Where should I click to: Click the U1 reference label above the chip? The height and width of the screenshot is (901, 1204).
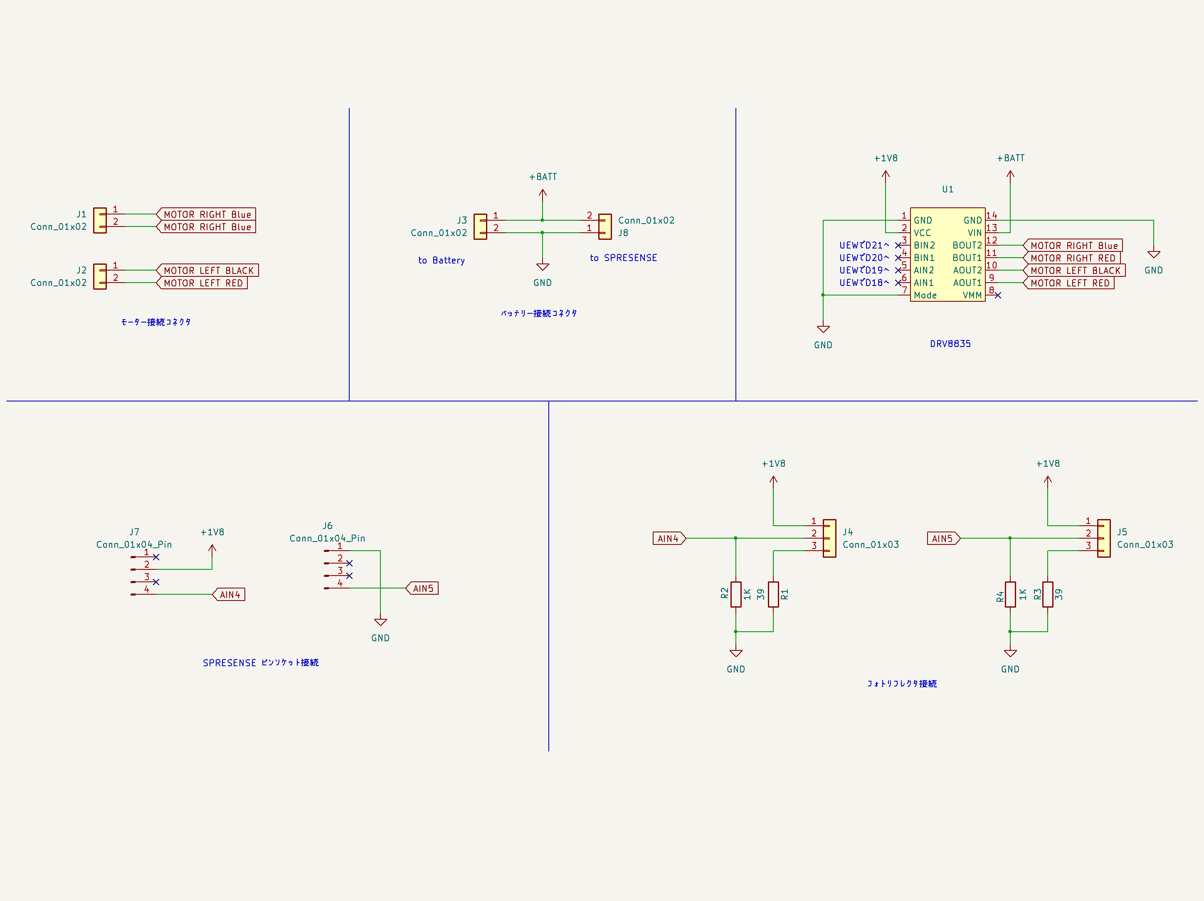click(947, 190)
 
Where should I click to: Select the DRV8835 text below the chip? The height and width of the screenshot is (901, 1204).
click(950, 344)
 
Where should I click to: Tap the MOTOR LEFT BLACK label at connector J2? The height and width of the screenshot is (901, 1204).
click(208, 271)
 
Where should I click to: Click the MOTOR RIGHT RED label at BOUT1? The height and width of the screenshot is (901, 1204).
click(1072, 258)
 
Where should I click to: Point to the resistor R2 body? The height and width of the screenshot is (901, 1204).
click(736, 594)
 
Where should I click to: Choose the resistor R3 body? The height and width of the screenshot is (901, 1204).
click(1048, 594)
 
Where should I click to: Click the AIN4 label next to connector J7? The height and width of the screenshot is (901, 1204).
click(229, 595)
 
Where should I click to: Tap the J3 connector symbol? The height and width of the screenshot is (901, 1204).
click(481, 226)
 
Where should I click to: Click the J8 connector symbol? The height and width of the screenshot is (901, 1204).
click(605, 226)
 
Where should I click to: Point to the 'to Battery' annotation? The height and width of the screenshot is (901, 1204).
click(442, 261)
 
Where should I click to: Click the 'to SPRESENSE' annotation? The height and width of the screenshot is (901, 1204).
click(623, 258)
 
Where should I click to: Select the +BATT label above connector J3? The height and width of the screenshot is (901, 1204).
click(543, 177)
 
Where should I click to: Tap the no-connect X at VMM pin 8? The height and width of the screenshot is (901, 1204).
click(998, 295)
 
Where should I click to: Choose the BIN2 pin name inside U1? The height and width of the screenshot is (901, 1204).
click(924, 245)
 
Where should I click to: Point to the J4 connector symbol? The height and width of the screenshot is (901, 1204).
click(829, 538)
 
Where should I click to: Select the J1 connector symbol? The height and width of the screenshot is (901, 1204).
click(100, 220)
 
